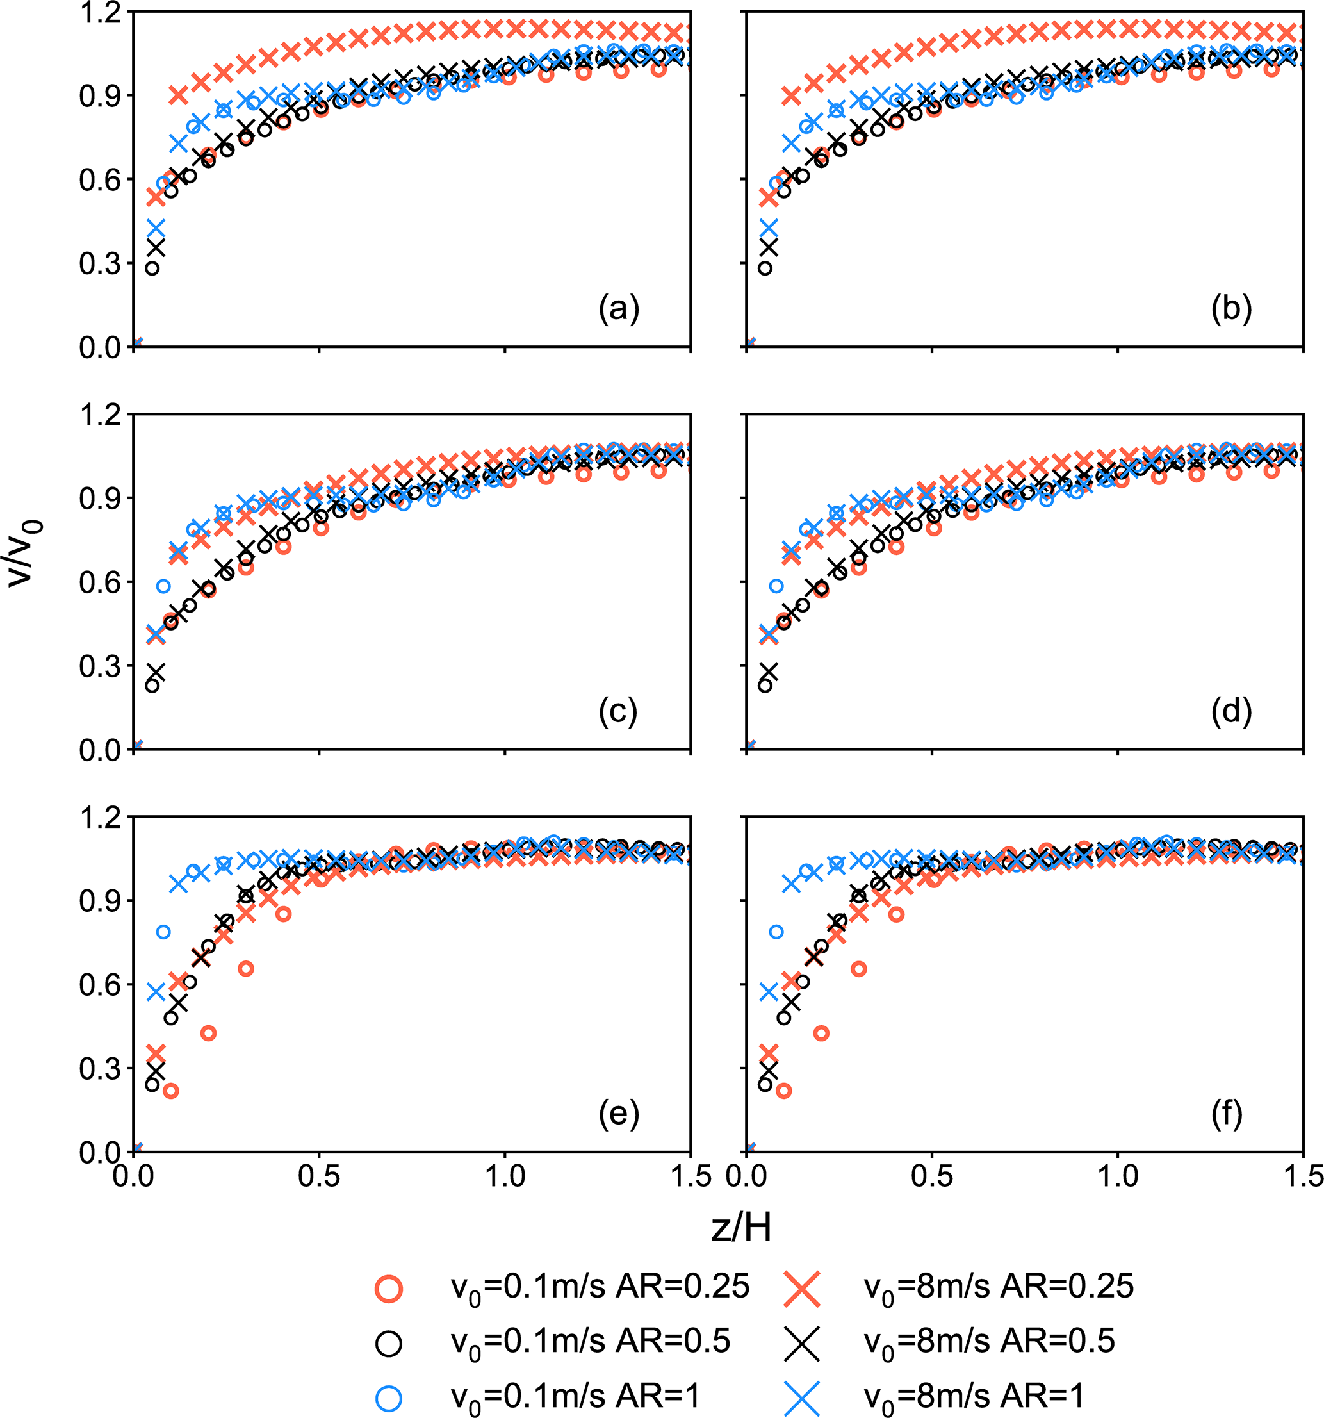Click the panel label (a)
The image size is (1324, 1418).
pyautogui.click(x=618, y=309)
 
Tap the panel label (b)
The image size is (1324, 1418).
pyautogui.click(x=1231, y=309)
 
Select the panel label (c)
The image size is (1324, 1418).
pyautogui.click(x=617, y=711)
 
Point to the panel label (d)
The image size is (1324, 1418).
pyautogui.click(x=1231, y=711)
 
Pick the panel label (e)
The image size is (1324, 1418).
pyautogui.click(x=618, y=1114)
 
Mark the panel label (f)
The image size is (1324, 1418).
pyautogui.click(x=1227, y=1114)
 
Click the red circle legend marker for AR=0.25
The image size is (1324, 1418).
pyautogui.click(x=389, y=1288)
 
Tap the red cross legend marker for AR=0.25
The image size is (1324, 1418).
pyautogui.click(x=801, y=1288)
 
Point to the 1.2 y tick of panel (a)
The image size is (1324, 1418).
pyautogui.click(x=100, y=12)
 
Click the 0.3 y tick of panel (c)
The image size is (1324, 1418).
pyautogui.click(x=100, y=666)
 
